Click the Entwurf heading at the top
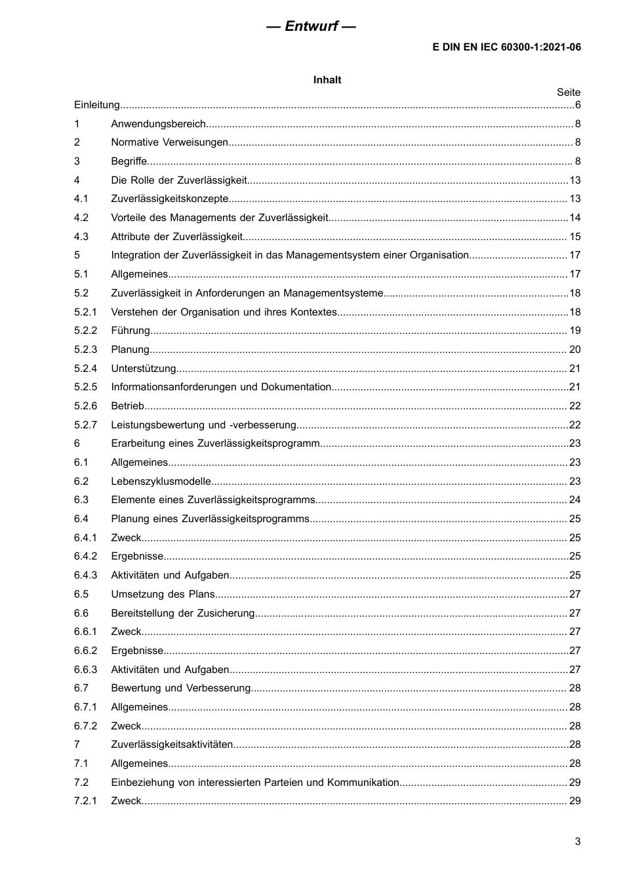311,26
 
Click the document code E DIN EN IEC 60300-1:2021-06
506,47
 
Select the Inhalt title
327,80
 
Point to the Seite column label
569,92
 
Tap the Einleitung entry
97,105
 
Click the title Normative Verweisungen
169,142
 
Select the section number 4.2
81,218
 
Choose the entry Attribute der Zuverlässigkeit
176,237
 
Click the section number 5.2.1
85,312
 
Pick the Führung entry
131,331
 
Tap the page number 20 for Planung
574,350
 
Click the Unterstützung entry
144,369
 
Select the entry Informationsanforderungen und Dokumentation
221,387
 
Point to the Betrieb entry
128,406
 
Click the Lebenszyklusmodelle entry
161,481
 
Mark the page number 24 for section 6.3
574,500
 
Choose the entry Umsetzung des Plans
163,594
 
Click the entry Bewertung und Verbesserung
181,688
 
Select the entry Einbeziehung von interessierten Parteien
255,783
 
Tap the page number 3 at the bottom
577,842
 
